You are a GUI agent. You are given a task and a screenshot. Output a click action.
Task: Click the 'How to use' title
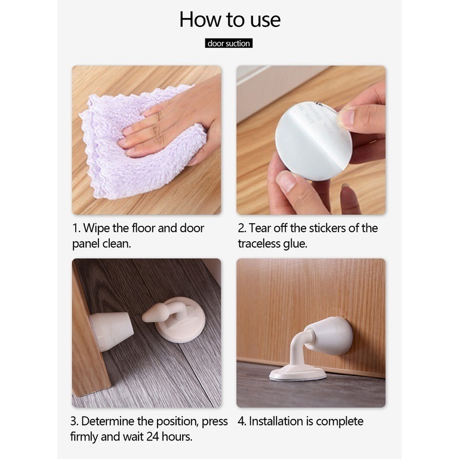click(230, 20)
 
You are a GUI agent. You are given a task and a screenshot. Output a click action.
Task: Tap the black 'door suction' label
click(229, 44)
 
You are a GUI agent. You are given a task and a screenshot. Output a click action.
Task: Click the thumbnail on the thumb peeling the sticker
click(346, 116)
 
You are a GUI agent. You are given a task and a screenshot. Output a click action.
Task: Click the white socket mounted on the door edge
click(111, 330)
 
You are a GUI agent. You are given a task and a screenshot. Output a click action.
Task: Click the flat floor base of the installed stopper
click(298, 374)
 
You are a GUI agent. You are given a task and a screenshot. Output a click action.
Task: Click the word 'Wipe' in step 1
click(96, 229)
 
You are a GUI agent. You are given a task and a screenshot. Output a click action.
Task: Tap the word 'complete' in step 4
click(340, 422)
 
